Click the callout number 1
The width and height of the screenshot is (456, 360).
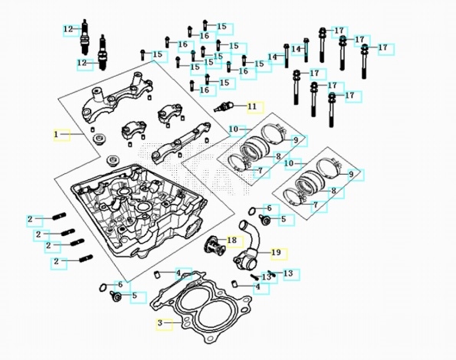(56, 135)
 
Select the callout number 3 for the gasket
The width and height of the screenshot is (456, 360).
(160, 322)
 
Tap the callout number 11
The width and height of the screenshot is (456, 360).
(252, 106)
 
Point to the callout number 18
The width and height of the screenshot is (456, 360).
(231, 241)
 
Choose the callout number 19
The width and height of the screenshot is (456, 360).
(276, 252)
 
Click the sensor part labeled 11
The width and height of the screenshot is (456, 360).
(224, 106)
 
